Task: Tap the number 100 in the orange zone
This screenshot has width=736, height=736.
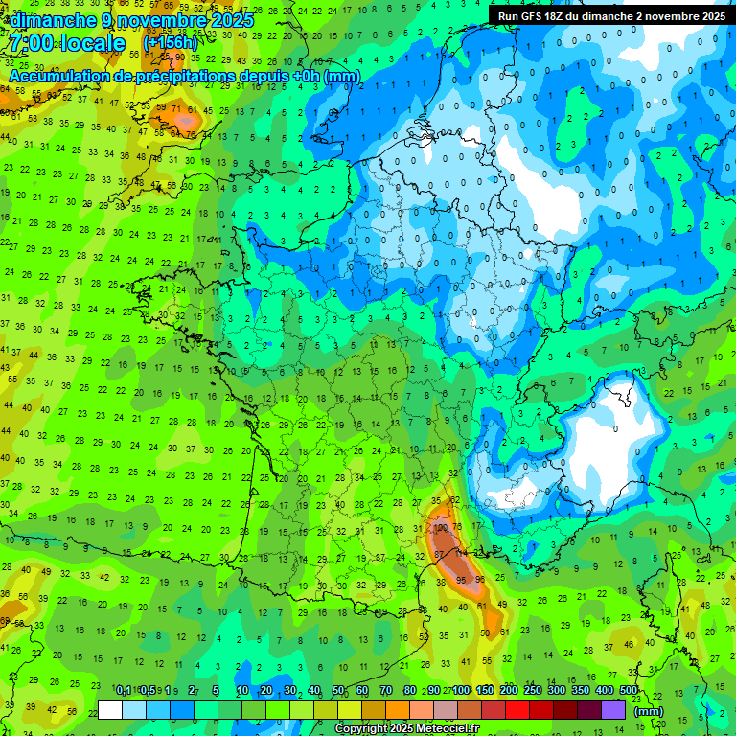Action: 440,527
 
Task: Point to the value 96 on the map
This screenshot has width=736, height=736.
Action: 479,580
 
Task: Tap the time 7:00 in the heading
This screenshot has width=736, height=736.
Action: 34,43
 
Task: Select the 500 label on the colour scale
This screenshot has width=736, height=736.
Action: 629,691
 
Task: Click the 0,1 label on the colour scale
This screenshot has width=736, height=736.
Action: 123,691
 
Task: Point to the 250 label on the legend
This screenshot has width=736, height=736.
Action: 533,691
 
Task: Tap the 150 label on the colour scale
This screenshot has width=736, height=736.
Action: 485,691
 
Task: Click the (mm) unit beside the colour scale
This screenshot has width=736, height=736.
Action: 649,710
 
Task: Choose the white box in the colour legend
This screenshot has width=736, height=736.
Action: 110,709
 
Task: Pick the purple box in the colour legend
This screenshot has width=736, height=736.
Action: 613,709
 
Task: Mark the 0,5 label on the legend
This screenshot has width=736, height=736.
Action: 147,691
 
